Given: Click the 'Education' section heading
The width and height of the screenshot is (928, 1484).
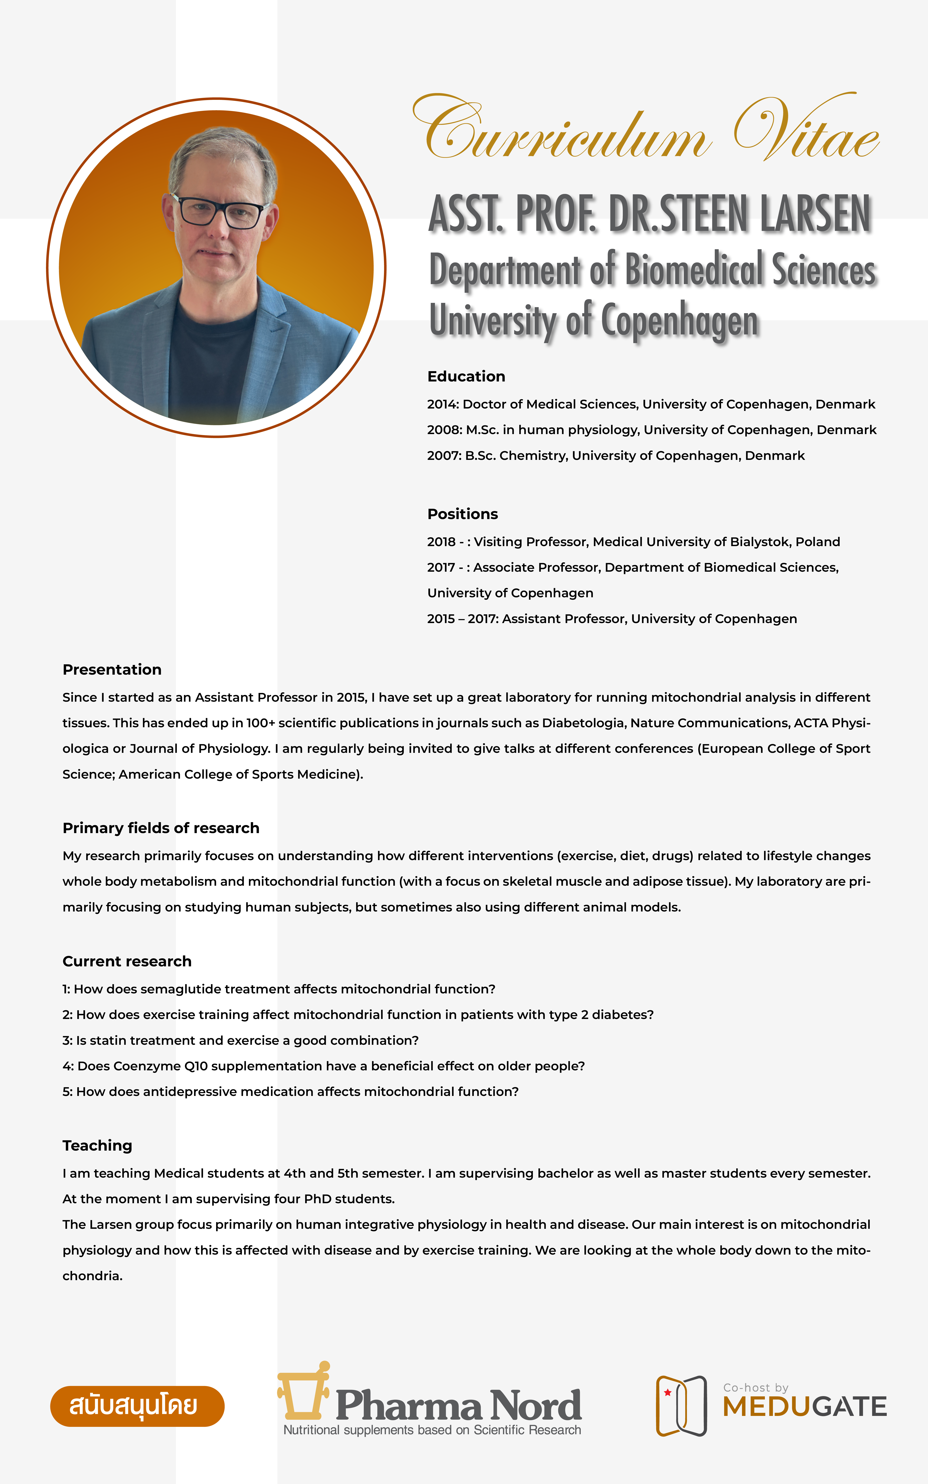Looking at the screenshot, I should click(466, 376).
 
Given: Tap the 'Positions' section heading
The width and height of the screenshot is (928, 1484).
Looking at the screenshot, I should click(462, 514).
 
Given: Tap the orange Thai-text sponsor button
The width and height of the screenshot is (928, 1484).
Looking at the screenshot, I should click(137, 1406).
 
